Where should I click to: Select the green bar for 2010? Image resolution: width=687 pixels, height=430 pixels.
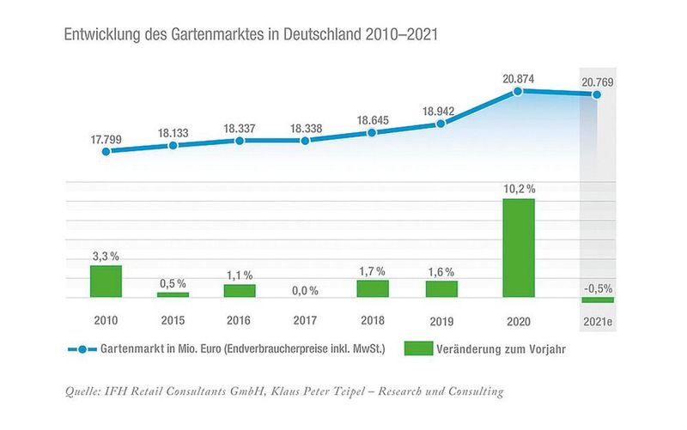106,282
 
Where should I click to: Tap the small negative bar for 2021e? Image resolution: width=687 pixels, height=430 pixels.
598,300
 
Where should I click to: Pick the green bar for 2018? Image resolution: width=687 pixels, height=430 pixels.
373,288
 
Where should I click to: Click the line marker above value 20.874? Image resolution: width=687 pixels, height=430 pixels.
517,90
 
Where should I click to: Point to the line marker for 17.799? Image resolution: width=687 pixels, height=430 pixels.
106,151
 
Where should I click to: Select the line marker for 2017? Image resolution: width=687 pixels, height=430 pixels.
306,140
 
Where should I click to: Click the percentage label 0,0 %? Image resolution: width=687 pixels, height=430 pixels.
306,290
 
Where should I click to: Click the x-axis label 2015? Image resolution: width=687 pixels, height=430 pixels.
173,321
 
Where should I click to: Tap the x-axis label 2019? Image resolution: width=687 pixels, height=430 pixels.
440,321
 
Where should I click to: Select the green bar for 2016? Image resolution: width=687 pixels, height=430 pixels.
240,291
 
